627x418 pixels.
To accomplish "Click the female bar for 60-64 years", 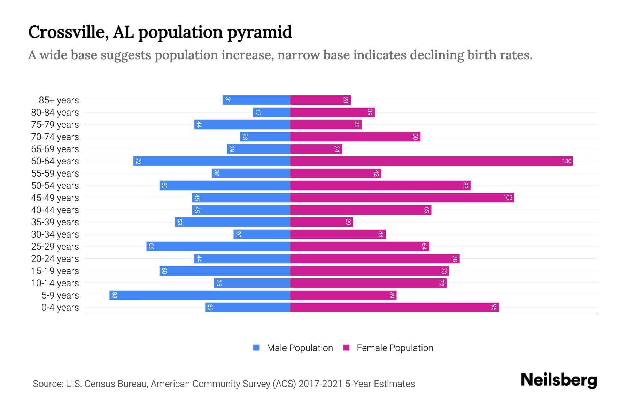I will click(x=431, y=161).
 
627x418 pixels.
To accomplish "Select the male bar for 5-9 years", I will click(x=200, y=295).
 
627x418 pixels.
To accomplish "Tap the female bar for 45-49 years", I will click(x=402, y=198).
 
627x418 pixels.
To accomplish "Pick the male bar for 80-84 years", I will click(x=272, y=112).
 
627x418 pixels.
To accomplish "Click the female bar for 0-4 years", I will click(x=394, y=307).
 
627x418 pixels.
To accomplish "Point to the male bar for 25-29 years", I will click(x=218, y=246).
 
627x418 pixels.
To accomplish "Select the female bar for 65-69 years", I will click(x=316, y=149).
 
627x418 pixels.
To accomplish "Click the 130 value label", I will click(x=566, y=161).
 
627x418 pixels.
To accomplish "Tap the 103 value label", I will click(x=508, y=198).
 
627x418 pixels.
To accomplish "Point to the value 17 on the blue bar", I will click(x=258, y=112).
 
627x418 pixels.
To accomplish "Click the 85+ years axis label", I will click(x=59, y=100).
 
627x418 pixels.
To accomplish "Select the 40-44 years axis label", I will click(x=55, y=210).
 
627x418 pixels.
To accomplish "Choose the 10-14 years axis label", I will click(x=55, y=283).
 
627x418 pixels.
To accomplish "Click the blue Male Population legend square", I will click(x=256, y=348).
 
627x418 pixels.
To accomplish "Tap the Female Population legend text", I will click(x=395, y=348).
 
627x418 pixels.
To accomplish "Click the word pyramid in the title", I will click(x=260, y=32).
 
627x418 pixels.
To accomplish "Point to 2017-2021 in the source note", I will click(x=320, y=384).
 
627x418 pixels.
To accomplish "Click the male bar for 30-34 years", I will click(x=262, y=234).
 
